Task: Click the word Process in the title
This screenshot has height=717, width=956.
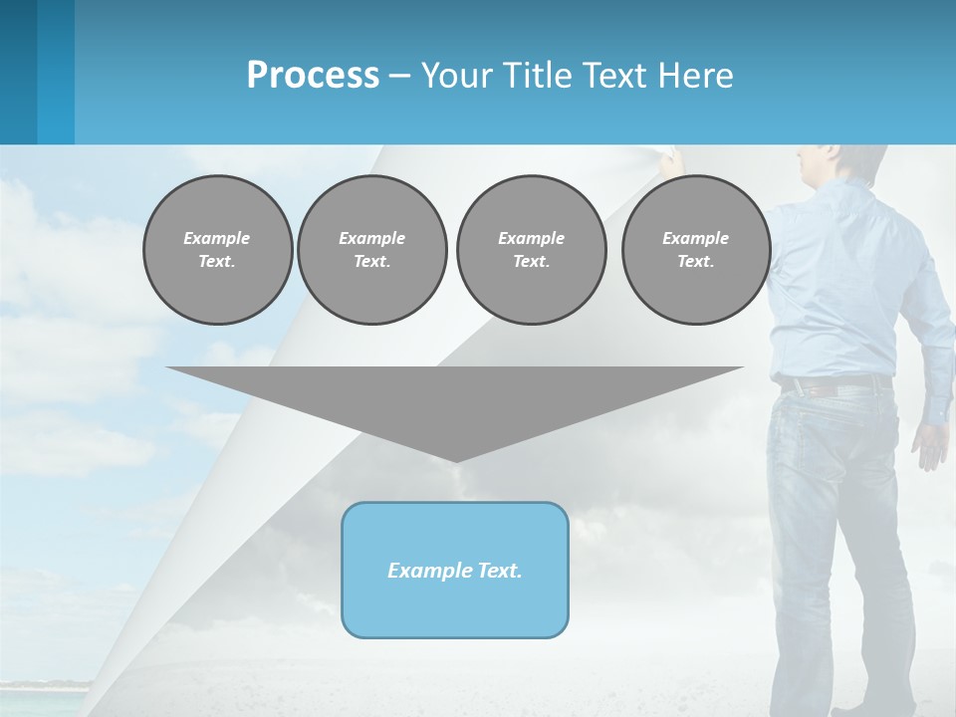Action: (x=313, y=76)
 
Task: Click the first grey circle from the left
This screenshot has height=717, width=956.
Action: (x=218, y=250)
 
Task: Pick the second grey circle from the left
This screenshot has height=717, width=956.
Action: (x=372, y=250)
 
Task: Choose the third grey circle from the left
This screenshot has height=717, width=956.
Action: (x=532, y=250)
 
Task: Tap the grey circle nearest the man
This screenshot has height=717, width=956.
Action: (x=696, y=250)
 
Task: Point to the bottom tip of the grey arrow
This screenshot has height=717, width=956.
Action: (x=455, y=459)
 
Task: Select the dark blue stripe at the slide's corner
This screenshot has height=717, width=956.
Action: (x=18, y=72)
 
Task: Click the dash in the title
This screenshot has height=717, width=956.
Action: (x=400, y=76)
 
